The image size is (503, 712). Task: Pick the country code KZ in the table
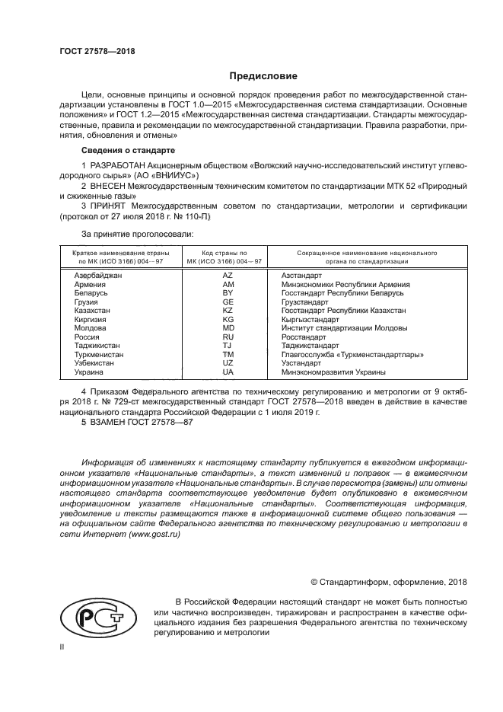(x=228, y=311)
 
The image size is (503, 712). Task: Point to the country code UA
(x=228, y=372)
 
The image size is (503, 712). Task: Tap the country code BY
(x=228, y=292)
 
